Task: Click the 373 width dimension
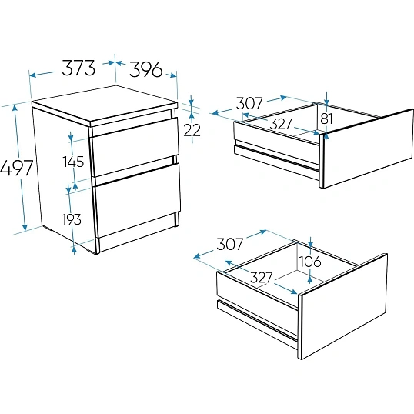pos(78,68)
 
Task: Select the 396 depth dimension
pos(145,69)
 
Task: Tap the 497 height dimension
pos(16,168)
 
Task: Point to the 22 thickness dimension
pos(192,130)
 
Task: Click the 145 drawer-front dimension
pos(73,162)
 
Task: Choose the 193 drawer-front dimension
pos(72,219)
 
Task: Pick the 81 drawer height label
pos(326,119)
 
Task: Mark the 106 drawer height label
pos(310,262)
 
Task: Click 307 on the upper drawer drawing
pos(249,103)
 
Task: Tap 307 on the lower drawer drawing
pos(230,244)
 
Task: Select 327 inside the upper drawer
pos(281,124)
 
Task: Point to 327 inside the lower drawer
pos(261,277)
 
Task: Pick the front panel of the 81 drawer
pos(368,149)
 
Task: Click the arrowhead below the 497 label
pos(25,227)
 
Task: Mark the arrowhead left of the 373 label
pos(32,75)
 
